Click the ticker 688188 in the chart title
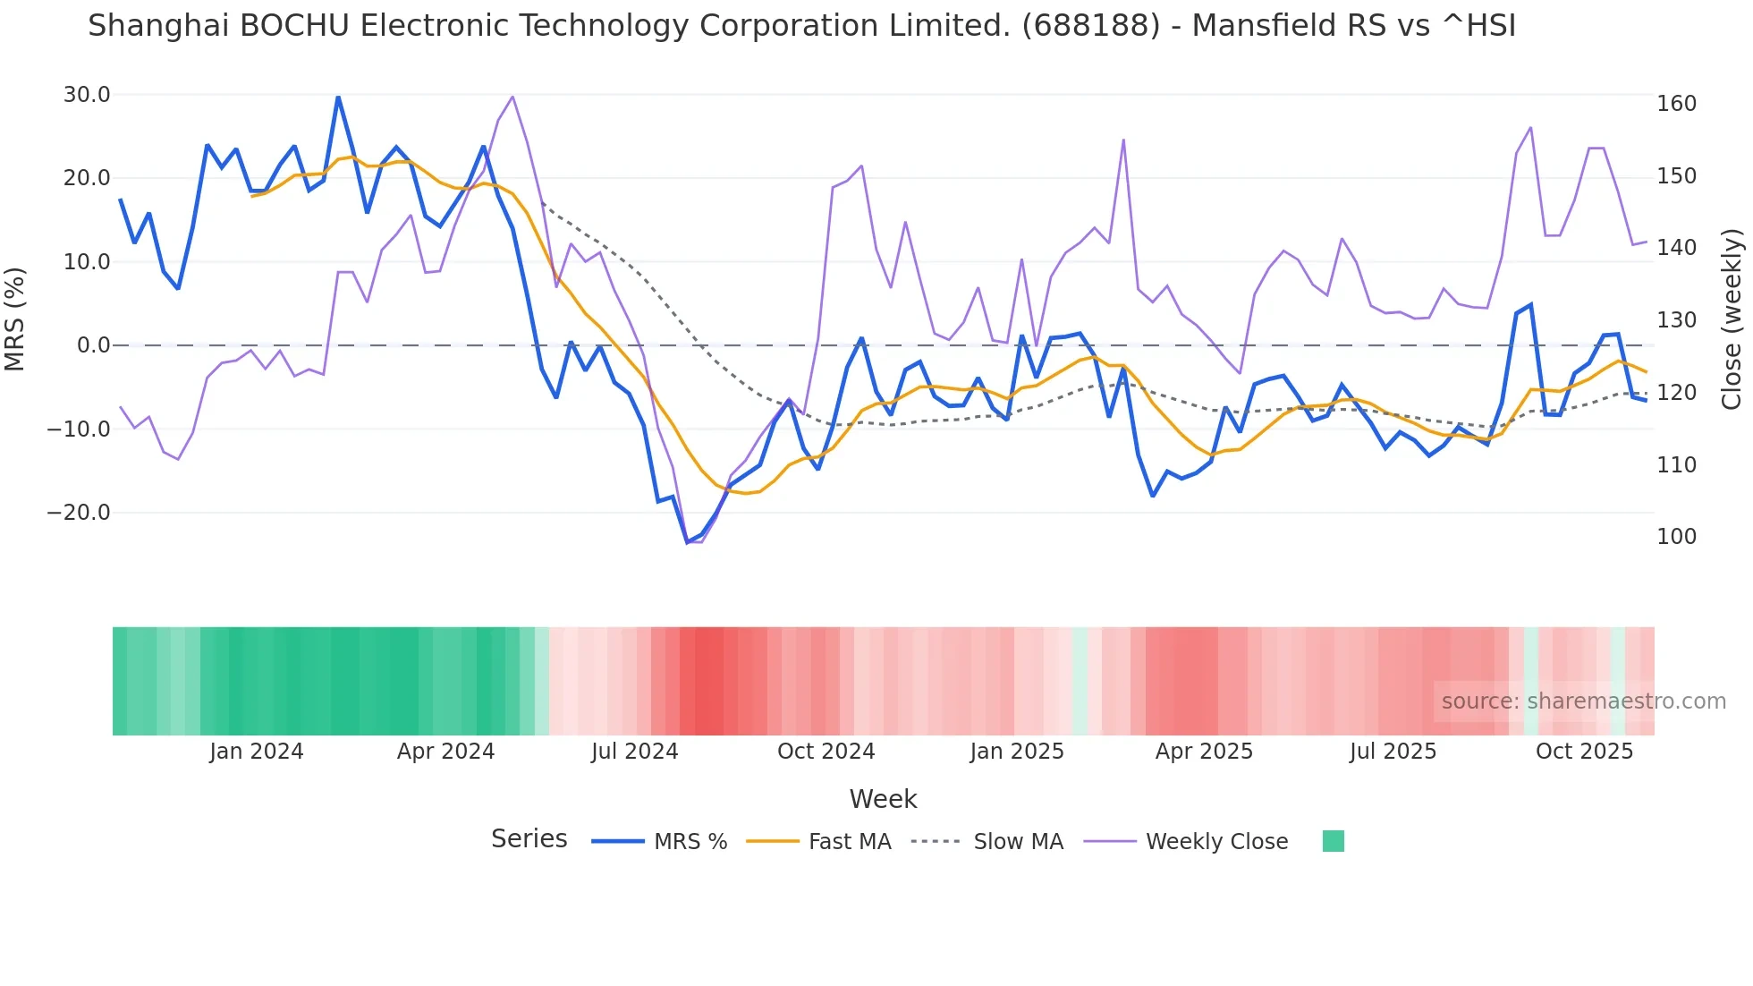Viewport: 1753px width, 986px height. [x=1090, y=26]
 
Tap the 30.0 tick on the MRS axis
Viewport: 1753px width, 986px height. [x=87, y=95]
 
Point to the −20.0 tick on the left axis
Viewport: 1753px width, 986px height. [x=79, y=513]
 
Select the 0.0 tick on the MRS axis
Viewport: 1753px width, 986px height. [x=93, y=345]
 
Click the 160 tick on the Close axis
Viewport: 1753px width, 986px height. [x=1676, y=104]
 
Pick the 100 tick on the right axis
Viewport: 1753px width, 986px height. [x=1676, y=537]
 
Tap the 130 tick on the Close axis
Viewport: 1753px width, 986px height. [x=1676, y=320]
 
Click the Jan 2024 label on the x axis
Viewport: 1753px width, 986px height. [x=257, y=752]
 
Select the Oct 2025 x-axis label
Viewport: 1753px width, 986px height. [x=1584, y=752]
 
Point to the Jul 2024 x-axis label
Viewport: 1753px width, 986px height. [x=634, y=752]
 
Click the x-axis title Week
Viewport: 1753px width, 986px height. [x=883, y=799]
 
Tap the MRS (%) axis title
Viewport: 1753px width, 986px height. [x=15, y=319]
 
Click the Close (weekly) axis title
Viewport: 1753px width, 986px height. [x=1732, y=319]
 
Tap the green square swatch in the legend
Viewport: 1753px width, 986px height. [x=1333, y=841]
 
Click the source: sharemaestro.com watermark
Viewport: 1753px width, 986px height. [x=1583, y=701]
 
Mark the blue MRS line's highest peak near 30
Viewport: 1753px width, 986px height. [x=338, y=97]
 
